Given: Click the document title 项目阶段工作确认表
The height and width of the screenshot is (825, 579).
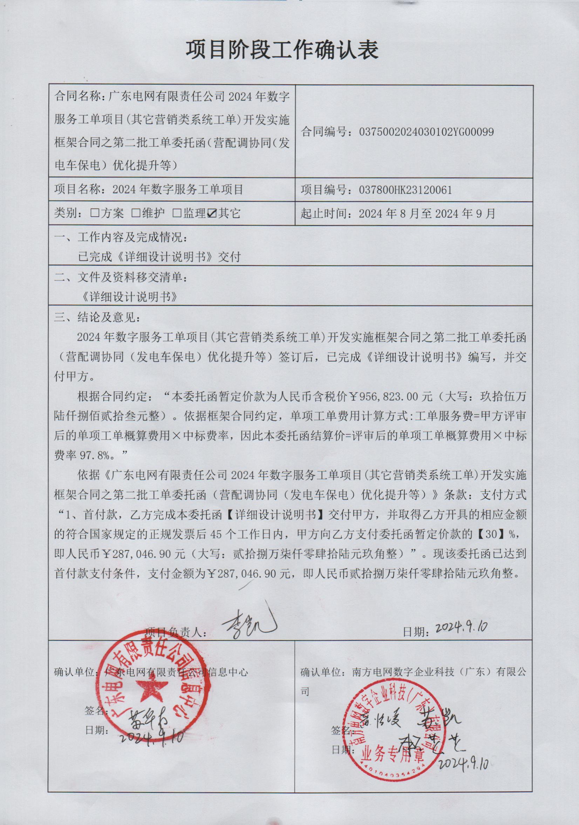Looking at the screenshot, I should coord(282,50).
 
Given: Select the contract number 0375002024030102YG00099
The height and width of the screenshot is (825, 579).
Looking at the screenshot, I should coord(426,132).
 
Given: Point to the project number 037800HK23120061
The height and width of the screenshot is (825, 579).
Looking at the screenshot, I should coord(405,190).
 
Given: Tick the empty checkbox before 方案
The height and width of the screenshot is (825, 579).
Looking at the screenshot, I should coord(95,213).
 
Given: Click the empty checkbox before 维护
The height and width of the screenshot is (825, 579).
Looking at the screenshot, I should coord(136,213).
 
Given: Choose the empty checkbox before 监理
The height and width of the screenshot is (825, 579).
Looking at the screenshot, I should coord(177,213).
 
